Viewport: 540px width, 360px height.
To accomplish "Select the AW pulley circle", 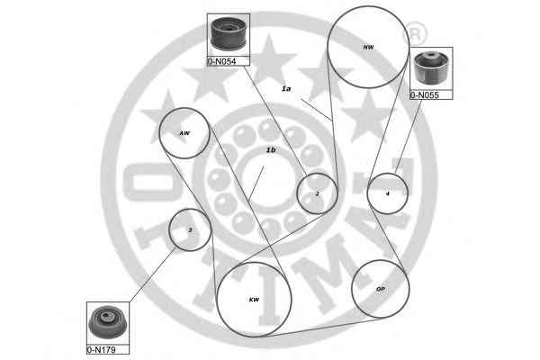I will point(184,133).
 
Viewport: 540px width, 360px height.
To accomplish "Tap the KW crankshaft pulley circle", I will point(255,299).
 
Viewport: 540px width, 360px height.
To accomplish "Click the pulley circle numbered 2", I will point(317,193).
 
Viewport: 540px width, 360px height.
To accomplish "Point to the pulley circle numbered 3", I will point(190,229).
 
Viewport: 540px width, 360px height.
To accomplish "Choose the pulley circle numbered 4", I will point(388,192).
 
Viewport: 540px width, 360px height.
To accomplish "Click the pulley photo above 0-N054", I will point(228,35).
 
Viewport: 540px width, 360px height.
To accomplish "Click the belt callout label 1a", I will point(287,88).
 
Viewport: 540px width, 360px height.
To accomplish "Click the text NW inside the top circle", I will point(367,46).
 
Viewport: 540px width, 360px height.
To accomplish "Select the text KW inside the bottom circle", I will point(254,300).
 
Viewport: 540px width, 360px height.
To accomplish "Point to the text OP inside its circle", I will point(380,290).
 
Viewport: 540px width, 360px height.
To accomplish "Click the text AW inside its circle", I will point(184,133).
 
